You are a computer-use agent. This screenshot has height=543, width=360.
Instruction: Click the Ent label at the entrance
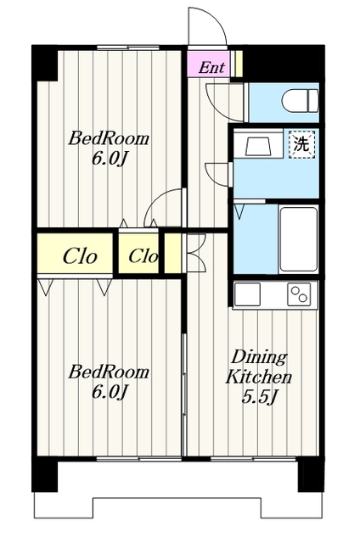pos(211,68)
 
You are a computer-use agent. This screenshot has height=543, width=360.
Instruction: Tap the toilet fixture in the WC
pos(300,100)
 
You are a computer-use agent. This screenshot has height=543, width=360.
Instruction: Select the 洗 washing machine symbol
pos(301,145)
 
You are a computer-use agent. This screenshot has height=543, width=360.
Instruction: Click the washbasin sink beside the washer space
pos(258,146)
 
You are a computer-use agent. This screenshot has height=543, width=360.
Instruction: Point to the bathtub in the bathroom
pos(298,239)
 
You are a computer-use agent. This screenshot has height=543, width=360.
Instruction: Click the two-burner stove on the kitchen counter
pos(299,294)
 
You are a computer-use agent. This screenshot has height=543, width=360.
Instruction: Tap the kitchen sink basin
pos(247,294)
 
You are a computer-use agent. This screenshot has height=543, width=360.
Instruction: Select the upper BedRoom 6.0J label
pos(109,148)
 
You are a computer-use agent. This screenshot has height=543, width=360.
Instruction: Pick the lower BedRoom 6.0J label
pos(109,381)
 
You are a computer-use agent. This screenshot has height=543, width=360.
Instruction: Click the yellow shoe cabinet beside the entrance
pos(239,64)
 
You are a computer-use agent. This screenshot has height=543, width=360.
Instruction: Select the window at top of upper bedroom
pos(128,48)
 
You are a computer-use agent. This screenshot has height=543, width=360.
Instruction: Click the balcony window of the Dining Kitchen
pos(253,459)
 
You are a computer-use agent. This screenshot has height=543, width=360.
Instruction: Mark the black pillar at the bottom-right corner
pos(311,474)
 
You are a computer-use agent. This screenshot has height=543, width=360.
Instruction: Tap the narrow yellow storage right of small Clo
pos(172,253)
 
